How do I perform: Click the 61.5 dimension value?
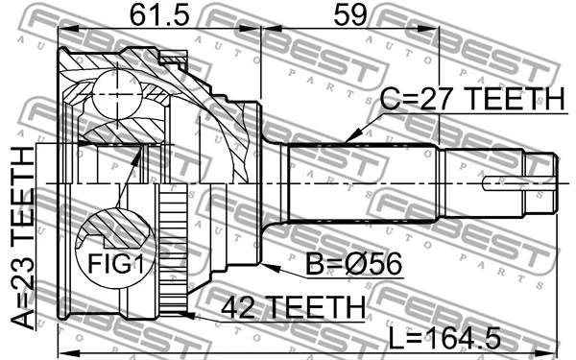click(x=159, y=15)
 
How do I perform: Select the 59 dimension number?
click(x=349, y=15)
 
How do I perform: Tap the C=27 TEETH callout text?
click(x=471, y=99)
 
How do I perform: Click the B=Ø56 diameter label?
click(x=353, y=264)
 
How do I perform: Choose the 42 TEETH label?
click(x=293, y=307)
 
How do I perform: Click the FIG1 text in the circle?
click(x=114, y=263)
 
